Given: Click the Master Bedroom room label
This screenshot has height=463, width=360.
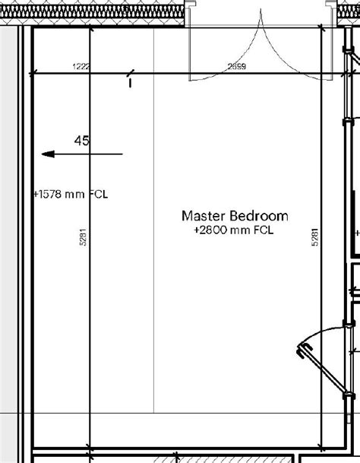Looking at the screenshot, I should coord(235,215).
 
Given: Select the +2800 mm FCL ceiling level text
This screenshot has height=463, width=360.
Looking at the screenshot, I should coord(233,229).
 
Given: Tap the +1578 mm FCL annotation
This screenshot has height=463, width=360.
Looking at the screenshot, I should coord(70,193).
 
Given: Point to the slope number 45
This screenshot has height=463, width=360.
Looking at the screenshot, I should coord(82,141).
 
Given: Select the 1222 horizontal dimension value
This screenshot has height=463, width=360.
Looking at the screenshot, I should coord(81,67).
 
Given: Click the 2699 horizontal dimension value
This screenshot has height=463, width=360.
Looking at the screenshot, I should coord(236,67).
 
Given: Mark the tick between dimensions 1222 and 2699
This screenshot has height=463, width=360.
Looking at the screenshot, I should coord(131,76).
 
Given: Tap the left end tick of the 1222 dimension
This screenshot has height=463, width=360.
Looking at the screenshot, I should coord(33,75).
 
